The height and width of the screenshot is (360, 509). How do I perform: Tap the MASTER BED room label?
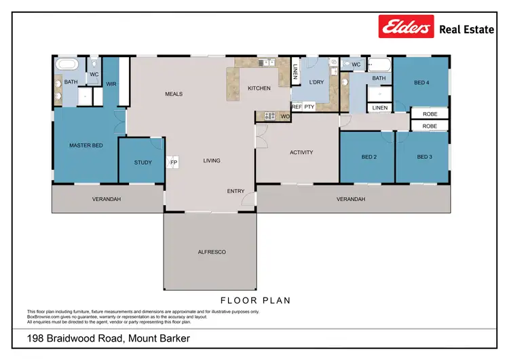[86, 145]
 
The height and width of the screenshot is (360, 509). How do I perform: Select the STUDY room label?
[143, 162]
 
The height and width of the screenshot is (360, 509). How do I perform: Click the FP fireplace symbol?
[173, 163]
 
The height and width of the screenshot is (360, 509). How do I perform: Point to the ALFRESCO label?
[210, 252]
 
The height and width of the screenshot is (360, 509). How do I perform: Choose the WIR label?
[111, 84]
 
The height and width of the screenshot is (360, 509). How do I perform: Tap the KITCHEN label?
[259, 88]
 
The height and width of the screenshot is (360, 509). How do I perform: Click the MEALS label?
[174, 94]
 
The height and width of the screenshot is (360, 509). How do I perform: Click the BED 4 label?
[421, 83]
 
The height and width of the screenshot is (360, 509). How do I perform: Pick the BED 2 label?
[369, 157]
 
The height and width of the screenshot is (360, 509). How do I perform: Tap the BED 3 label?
[424, 157]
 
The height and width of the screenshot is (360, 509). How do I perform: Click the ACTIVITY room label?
[301, 152]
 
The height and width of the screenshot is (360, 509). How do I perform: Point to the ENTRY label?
[235, 192]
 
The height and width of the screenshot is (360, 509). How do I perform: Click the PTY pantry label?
[309, 107]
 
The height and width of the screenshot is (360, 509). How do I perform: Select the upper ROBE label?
[430, 114]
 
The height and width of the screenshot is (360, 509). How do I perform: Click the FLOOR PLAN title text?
[255, 300]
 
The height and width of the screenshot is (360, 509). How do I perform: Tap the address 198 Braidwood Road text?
[108, 338]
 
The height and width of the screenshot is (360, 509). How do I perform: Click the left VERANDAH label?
[107, 199]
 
